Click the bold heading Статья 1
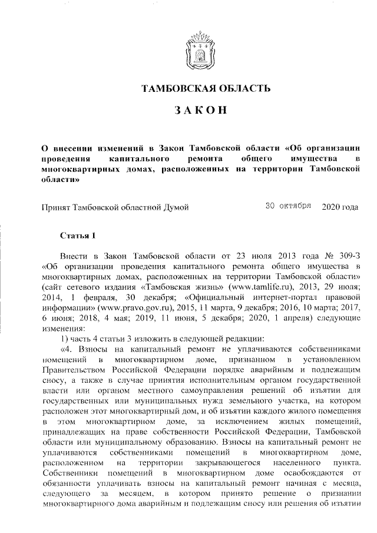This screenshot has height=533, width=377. point(78,236)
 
